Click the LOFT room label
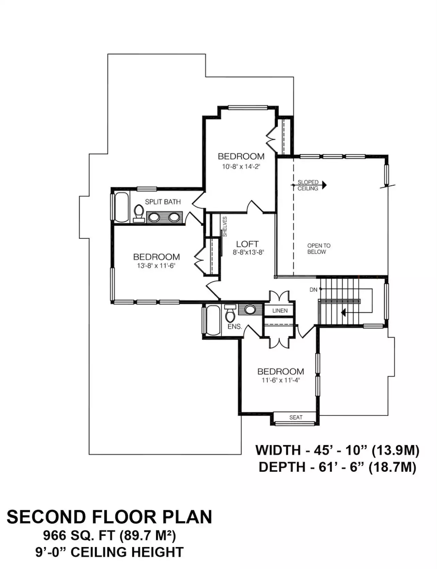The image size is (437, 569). pyautogui.click(x=247, y=244)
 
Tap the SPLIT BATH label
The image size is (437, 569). pyautogui.click(x=163, y=202)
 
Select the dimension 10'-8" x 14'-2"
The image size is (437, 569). pyautogui.click(x=241, y=167)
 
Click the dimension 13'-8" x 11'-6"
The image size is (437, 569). pyautogui.click(x=156, y=266)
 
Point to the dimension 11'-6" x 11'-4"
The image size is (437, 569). pyautogui.click(x=280, y=380)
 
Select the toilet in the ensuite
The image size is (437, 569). pyautogui.click(x=230, y=313)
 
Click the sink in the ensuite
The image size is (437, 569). pyautogui.click(x=250, y=309)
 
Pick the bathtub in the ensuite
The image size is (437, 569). pyautogui.click(x=213, y=320)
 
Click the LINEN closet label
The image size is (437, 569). pyautogui.click(x=280, y=311)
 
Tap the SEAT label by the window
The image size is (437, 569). pyautogui.click(x=296, y=417)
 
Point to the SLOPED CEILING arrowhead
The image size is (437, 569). pyautogui.click(x=324, y=185)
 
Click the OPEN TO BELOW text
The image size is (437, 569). pyautogui.click(x=319, y=249)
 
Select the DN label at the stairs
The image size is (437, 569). pyautogui.click(x=313, y=290)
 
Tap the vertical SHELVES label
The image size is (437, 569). pyautogui.click(x=225, y=227)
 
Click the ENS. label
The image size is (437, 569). pyautogui.click(x=235, y=327)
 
